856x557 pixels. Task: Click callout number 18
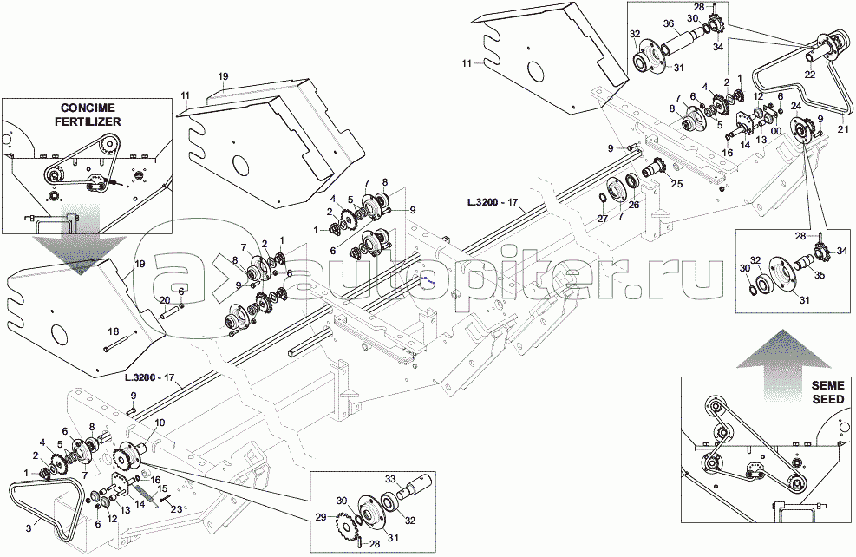[x=112, y=332]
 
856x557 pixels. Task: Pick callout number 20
[x=163, y=300]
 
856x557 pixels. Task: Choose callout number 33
[x=391, y=477]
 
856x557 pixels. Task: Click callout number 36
[x=669, y=23]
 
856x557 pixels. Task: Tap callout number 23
[x=177, y=509]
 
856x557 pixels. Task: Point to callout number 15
[x=162, y=489]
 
